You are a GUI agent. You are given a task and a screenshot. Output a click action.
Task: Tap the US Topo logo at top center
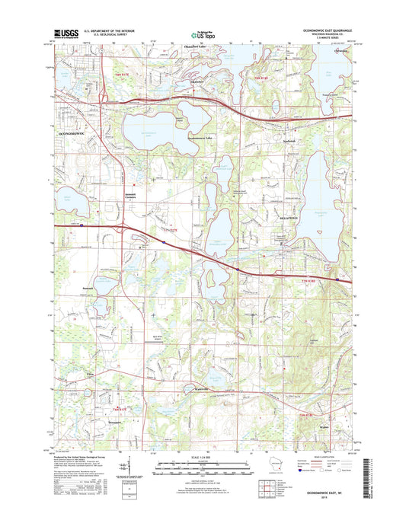click(203, 34)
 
